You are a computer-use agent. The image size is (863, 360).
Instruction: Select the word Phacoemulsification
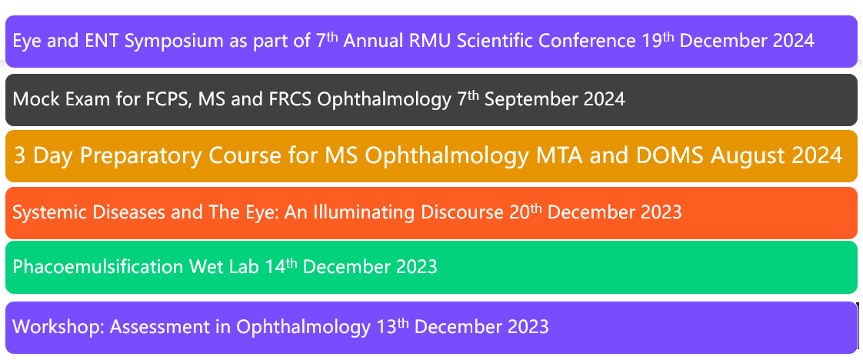point(98,266)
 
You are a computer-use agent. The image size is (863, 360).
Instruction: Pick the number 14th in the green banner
point(281,265)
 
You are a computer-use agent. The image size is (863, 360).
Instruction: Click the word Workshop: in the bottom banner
point(58,327)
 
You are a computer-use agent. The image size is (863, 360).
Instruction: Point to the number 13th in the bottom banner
point(393,326)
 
